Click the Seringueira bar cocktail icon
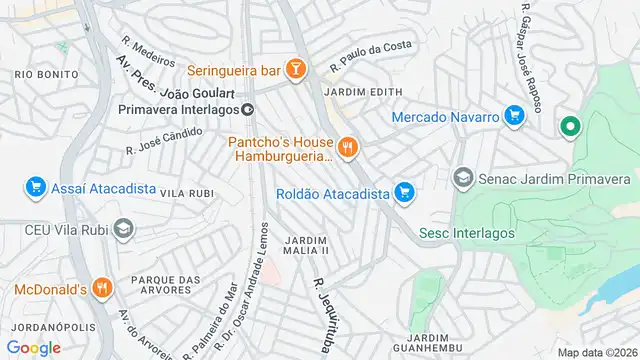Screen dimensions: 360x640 tap(295, 69)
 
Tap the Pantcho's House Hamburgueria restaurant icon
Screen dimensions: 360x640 tap(348, 148)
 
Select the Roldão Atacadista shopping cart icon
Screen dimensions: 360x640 tap(404, 191)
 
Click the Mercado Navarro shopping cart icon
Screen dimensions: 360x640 tap(515, 117)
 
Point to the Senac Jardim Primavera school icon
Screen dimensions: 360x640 tap(463, 179)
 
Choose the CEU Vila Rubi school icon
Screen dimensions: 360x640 tap(122, 229)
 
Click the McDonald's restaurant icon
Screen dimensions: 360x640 tap(101, 289)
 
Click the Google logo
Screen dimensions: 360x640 tap(34, 347)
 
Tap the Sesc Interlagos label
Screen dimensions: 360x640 tap(466, 233)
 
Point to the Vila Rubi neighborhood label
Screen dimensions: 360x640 tap(187, 193)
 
